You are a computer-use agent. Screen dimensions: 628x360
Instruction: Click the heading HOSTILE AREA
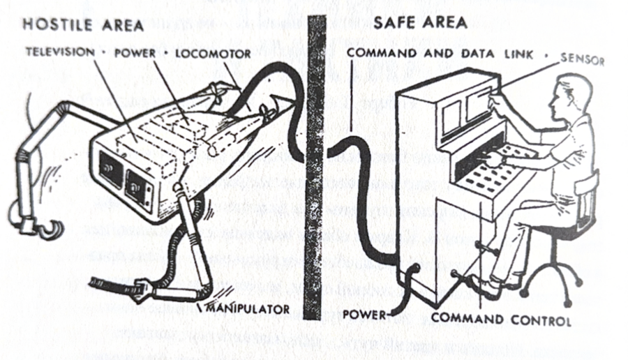click(83, 25)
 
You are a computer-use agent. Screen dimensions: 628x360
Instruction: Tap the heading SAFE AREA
click(420, 22)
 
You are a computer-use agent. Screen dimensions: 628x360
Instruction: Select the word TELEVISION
click(61, 52)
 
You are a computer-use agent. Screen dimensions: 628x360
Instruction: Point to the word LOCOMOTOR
click(213, 54)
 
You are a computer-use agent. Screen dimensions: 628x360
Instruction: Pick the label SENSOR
click(582, 59)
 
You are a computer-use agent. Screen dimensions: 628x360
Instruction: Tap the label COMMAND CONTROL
click(501, 320)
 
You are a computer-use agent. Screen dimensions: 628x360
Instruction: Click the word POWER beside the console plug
click(364, 315)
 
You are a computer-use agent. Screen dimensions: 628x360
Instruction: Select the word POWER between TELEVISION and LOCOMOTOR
click(135, 53)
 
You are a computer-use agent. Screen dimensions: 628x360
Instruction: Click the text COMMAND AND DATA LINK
click(440, 53)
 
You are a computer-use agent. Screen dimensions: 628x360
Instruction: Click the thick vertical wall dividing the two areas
click(315, 166)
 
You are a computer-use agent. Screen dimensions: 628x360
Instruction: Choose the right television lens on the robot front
click(136, 187)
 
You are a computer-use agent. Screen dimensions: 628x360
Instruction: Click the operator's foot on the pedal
click(486, 285)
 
